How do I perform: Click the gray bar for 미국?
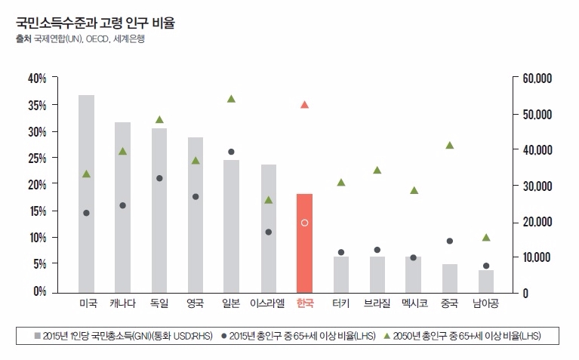point(86,193)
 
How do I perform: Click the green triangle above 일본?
point(231,99)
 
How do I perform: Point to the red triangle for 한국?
point(304,105)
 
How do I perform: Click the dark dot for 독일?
point(159,178)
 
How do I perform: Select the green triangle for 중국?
point(450,145)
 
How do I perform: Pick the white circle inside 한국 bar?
point(304,223)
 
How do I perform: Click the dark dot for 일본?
point(231,152)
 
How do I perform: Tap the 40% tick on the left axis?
point(37,78)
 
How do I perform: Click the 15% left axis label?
point(37,211)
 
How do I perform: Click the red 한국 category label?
point(304,303)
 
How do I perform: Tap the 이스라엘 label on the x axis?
point(267,303)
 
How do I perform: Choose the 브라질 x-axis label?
point(377,303)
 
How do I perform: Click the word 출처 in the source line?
point(23,38)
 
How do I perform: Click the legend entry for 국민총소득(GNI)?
point(125,335)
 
